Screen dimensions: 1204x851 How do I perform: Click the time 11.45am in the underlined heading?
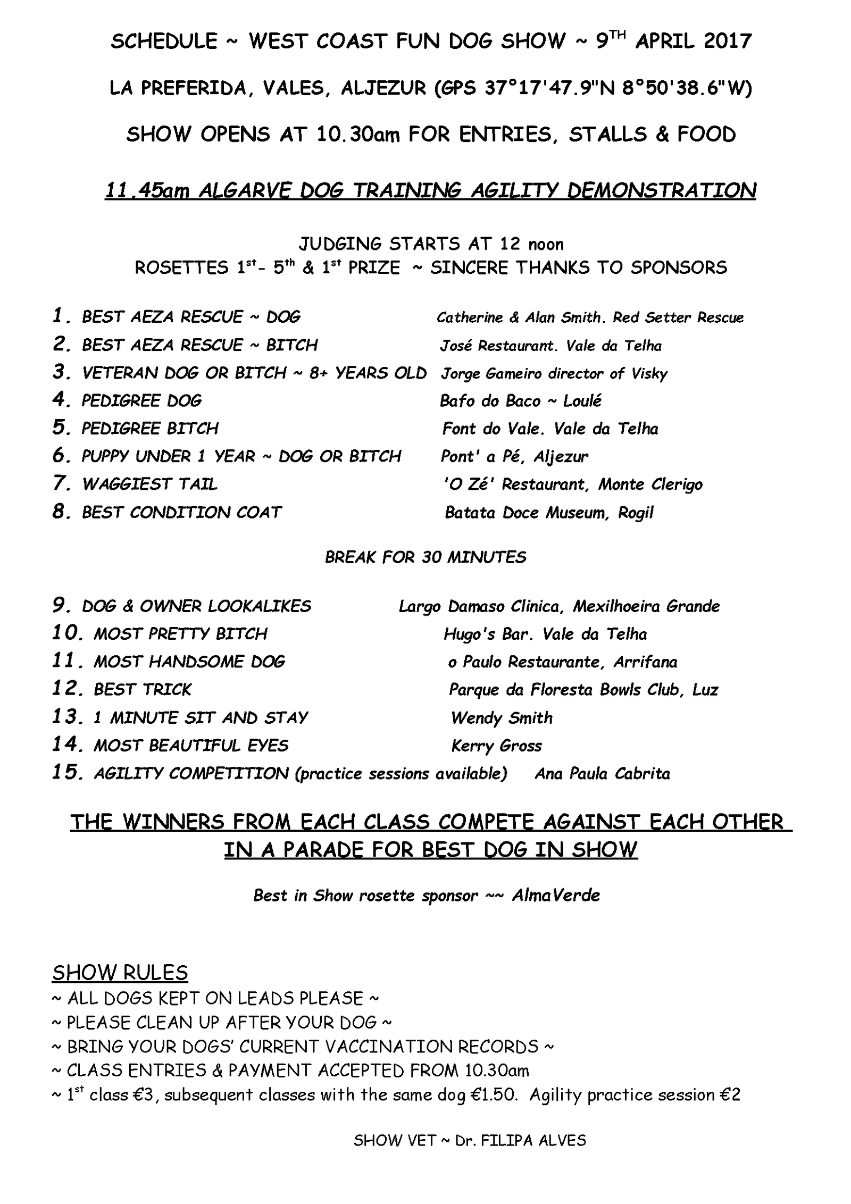click(147, 190)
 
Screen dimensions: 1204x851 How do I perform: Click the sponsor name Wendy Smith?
click(502, 718)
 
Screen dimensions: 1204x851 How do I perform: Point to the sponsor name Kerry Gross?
click(496, 746)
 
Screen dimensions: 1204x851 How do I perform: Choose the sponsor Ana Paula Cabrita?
click(602, 773)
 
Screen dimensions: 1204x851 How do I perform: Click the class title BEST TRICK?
click(142, 690)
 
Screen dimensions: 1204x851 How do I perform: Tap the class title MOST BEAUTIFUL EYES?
click(191, 746)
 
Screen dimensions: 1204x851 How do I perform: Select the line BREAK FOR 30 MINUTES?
click(425, 557)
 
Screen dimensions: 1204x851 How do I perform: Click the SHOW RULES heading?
click(120, 973)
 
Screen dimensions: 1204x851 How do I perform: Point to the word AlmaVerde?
click(556, 896)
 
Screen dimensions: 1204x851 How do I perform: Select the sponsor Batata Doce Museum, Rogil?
click(549, 513)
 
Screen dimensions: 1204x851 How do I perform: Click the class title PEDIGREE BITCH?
click(149, 429)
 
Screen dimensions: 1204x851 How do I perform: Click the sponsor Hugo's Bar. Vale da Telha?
click(545, 634)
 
